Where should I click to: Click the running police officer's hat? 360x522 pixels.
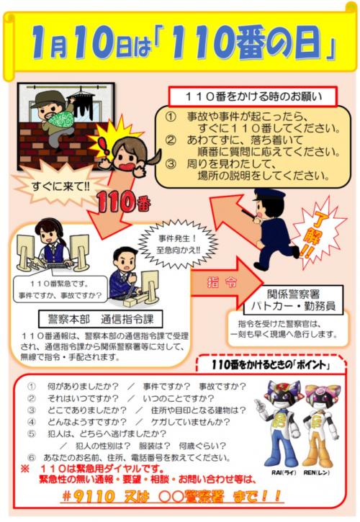click(x=268, y=195)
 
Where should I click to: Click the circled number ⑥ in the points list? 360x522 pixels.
click(x=32, y=458)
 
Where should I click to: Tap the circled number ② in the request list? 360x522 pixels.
click(x=171, y=141)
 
